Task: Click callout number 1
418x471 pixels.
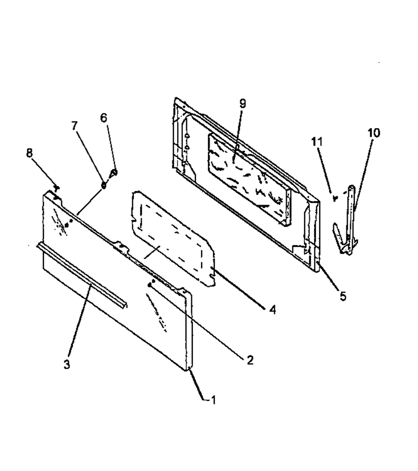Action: pyautogui.click(x=214, y=400)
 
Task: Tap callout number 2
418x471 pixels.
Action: pyautogui.click(x=250, y=360)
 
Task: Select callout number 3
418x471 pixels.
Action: pyautogui.click(x=66, y=364)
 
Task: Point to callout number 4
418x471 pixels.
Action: pyautogui.click(x=272, y=309)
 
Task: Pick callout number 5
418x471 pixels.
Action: pyautogui.click(x=343, y=296)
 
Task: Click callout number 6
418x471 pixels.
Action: pyautogui.click(x=103, y=118)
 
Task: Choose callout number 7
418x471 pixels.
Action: pyautogui.click(x=74, y=126)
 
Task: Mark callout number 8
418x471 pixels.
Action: pyautogui.click(x=29, y=153)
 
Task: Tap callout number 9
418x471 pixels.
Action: pyautogui.click(x=242, y=104)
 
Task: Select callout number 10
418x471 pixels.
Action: pyautogui.click(x=374, y=133)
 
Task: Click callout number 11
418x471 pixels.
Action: pyautogui.click(x=317, y=141)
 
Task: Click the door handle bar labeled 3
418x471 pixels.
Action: pyautogui.click(x=82, y=276)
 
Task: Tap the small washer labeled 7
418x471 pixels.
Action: pyautogui.click(x=104, y=185)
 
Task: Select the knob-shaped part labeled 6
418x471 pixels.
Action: pyautogui.click(x=113, y=173)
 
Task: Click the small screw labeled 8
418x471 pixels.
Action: pyautogui.click(x=56, y=188)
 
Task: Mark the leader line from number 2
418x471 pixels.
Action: pyautogui.click(x=198, y=320)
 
